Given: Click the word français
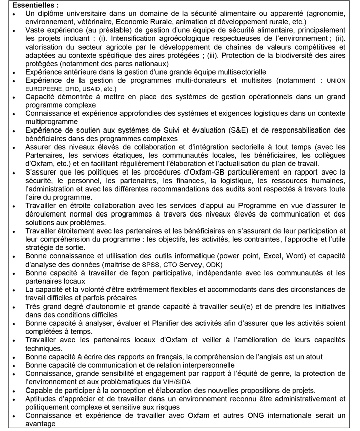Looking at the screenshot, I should click(x=166, y=356).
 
